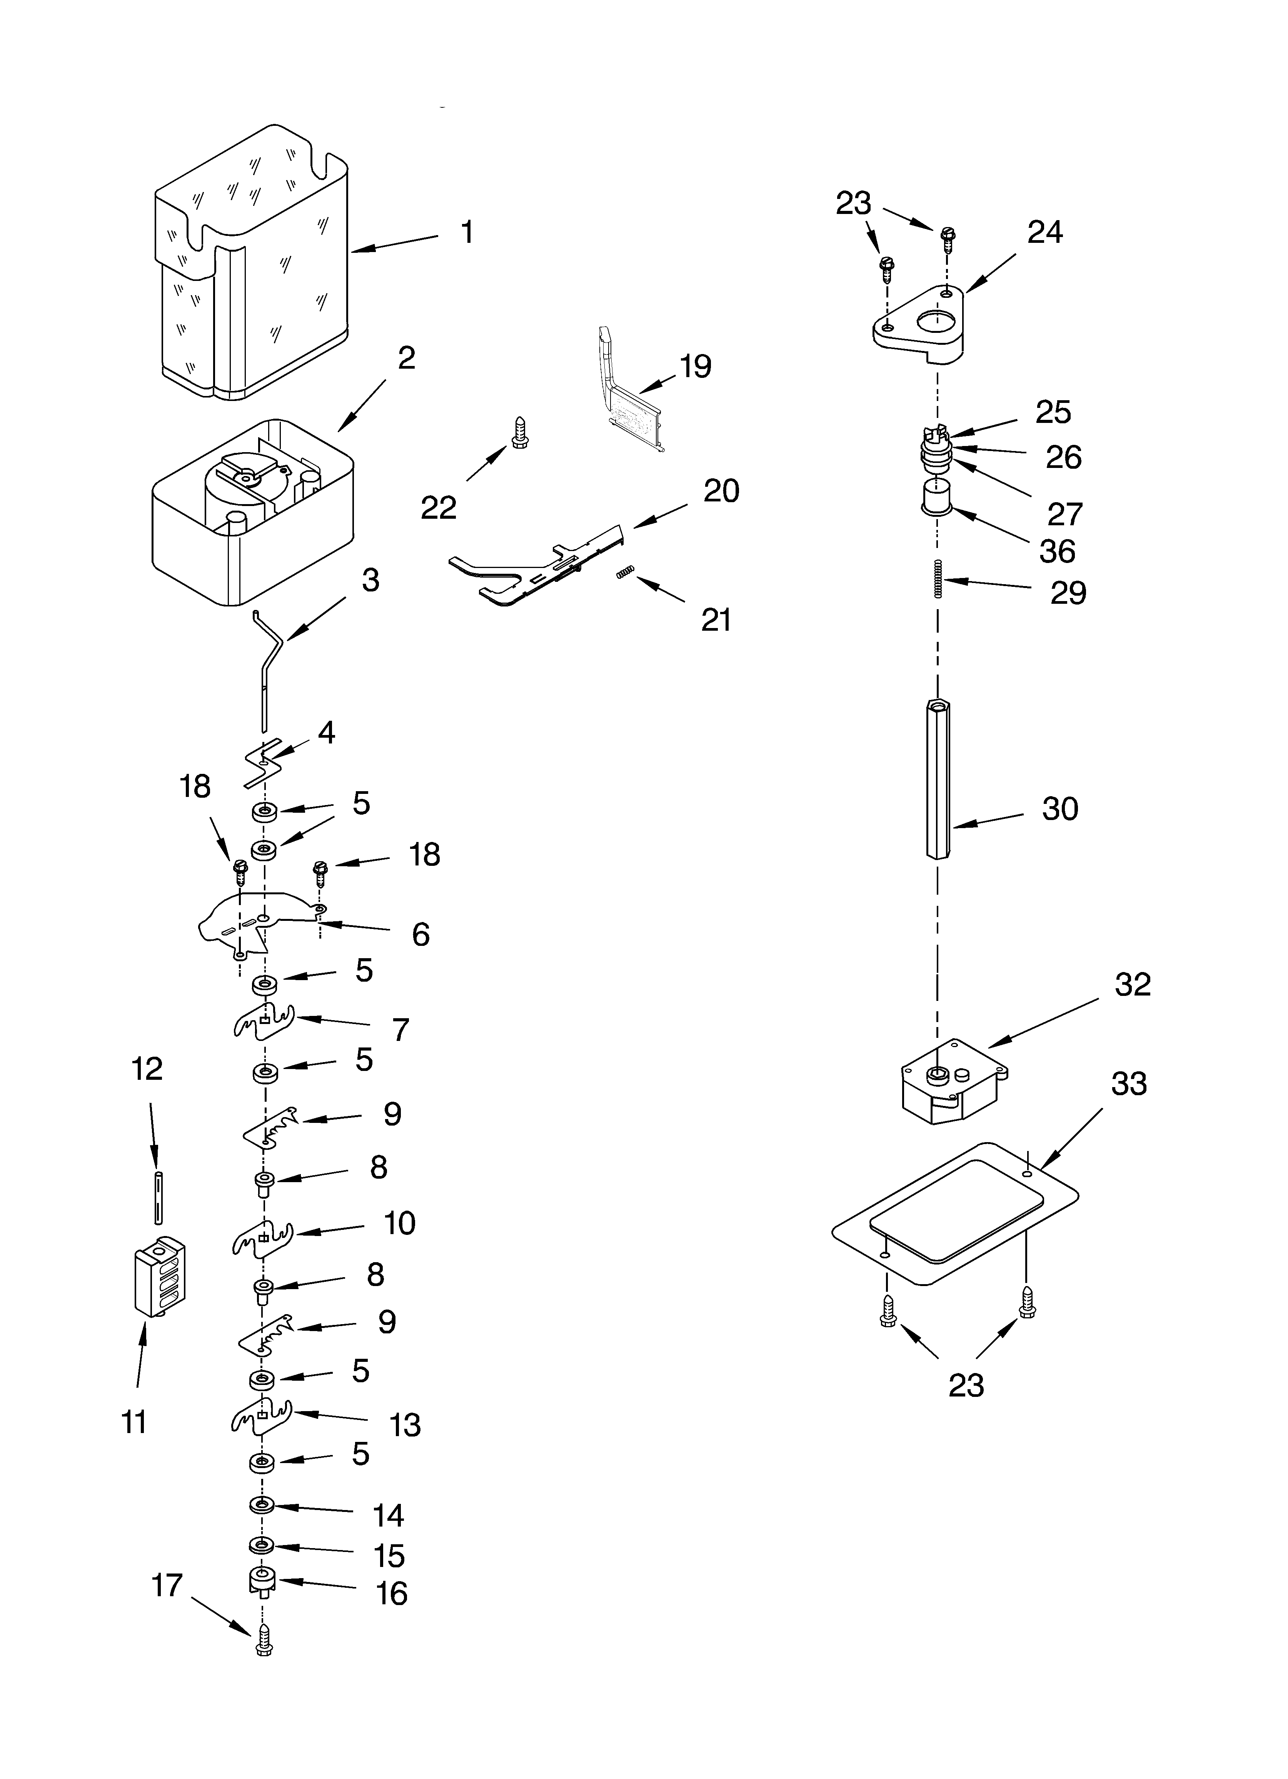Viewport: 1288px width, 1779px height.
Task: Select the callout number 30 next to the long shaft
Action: pos(1060,809)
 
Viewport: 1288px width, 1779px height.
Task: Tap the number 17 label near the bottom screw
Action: pos(167,1585)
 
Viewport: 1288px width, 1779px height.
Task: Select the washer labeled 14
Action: pos(261,1505)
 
